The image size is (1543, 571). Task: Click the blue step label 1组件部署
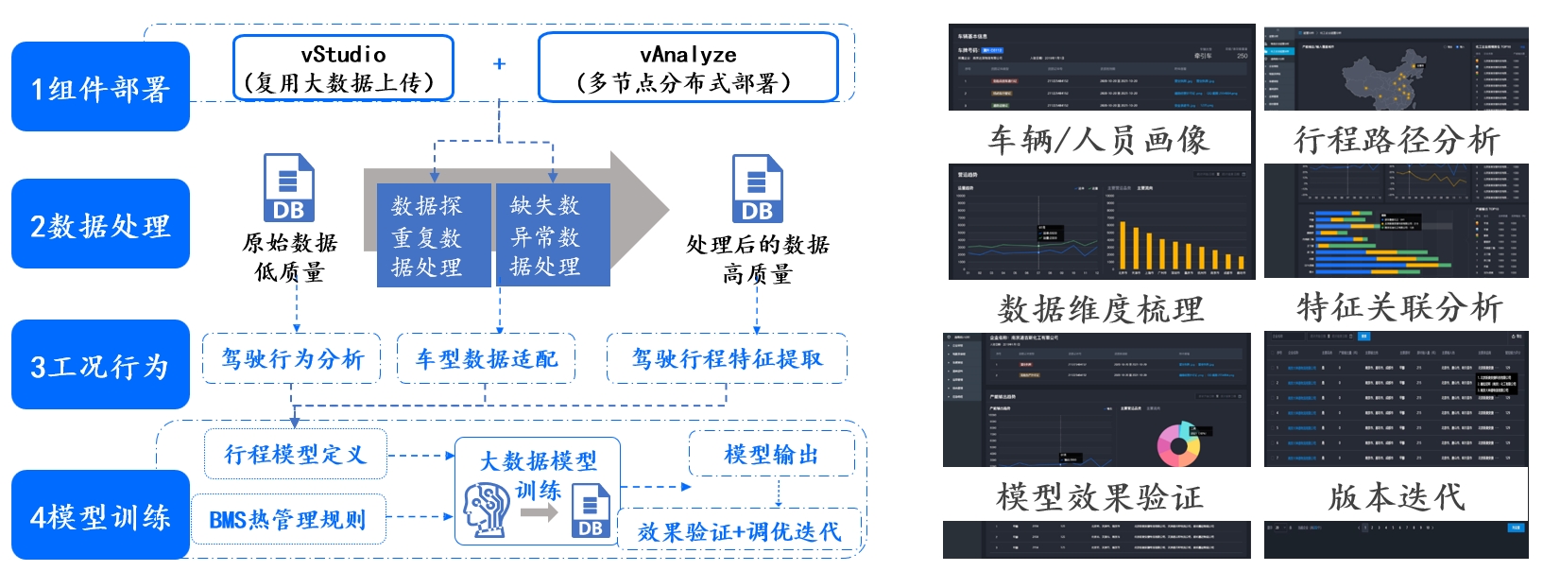click(x=100, y=87)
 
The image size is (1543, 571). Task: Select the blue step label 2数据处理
click(x=100, y=224)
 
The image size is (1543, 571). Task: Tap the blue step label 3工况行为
click(x=100, y=365)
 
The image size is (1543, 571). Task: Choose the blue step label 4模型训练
click(x=100, y=515)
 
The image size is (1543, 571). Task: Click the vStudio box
click(x=343, y=67)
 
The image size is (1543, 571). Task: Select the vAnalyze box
click(x=688, y=67)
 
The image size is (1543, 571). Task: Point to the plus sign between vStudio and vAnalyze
click(x=499, y=63)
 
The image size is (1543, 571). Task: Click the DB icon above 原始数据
click(x=288, y=188)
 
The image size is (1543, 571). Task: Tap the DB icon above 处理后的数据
click(x=757, y=189)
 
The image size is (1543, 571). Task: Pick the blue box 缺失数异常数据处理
click(x=552, y=235)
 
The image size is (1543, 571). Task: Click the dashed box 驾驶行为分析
click(x=292, y=358)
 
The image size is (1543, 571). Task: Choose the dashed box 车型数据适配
click(x=486, y=358)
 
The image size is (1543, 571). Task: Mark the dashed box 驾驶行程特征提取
click(x=727, y=358)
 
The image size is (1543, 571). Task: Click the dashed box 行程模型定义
click(x=295, y=454)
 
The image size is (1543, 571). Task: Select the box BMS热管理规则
click(x=288, y=519)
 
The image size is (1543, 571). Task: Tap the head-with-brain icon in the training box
click(x=487, y=510)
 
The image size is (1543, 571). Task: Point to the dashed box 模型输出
click(x=771, y=454)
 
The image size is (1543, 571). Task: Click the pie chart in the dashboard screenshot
click(x=1177, y=443)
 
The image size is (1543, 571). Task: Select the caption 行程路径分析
click(x=1396, y=140)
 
